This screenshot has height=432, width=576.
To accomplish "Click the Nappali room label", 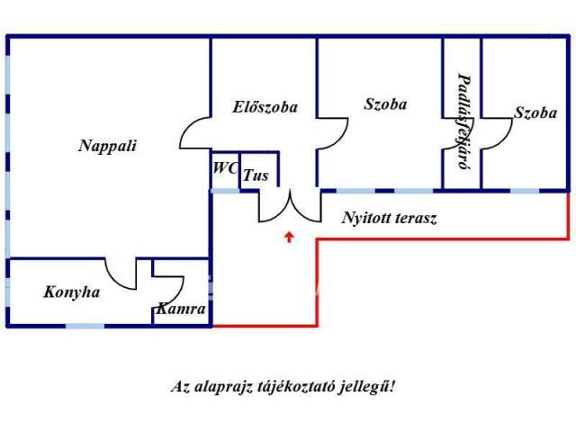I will pos(107,147).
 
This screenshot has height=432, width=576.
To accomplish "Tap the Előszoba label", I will pos(265,107).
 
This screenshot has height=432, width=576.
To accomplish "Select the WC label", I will pos(224,168).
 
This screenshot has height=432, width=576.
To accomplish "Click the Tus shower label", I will pos(256,175).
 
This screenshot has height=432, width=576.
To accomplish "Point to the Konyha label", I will pos(72,292).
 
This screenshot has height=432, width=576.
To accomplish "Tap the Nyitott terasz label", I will pos(389,218).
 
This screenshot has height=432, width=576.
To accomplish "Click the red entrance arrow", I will pos(288,237).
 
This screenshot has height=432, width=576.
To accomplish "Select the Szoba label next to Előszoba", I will pos(385,104).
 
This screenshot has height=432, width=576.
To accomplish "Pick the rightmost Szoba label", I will pos(535,113).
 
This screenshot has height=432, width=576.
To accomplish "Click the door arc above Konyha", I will pos(121,273).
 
